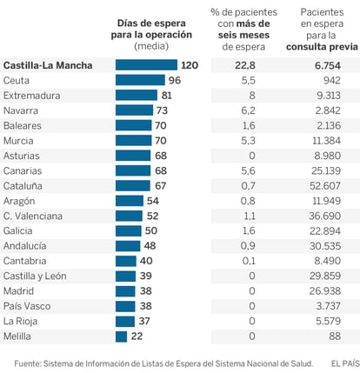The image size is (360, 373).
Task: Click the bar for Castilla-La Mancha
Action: [x=146, y=65]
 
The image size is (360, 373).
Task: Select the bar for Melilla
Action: [x=121, y=336]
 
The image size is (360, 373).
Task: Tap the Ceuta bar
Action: [x=140, y=80]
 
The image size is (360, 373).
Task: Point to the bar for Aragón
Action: [x=130, y=201]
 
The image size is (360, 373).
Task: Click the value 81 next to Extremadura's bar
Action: [x=167, y=96]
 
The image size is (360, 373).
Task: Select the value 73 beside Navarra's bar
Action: [x=163, y=110]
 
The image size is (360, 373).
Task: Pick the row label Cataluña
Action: [x=23, y=186]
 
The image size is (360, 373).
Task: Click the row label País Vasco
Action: [x=27, y=306]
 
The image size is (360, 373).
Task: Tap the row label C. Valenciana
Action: [x=33, y=216]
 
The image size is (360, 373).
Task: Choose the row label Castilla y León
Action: [x=35, y=276]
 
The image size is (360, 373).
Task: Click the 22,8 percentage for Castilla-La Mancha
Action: [x=245, y=65]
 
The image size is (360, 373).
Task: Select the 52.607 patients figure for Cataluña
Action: [x=325, y=186]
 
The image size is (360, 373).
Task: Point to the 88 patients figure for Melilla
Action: [x=335, y=336]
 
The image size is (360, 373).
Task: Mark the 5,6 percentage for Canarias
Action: [x=248, y=170]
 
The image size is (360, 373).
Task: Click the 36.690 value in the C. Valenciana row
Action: [x=324, y=216]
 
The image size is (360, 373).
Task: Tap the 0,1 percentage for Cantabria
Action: [x=249, y=261]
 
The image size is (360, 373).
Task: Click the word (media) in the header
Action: [x=151, y=46]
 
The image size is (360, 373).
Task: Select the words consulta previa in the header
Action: [x=322, y=47]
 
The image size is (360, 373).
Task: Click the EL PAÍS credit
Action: [x=345, y=363]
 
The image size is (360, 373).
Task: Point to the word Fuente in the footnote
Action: [x=28, y=363]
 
